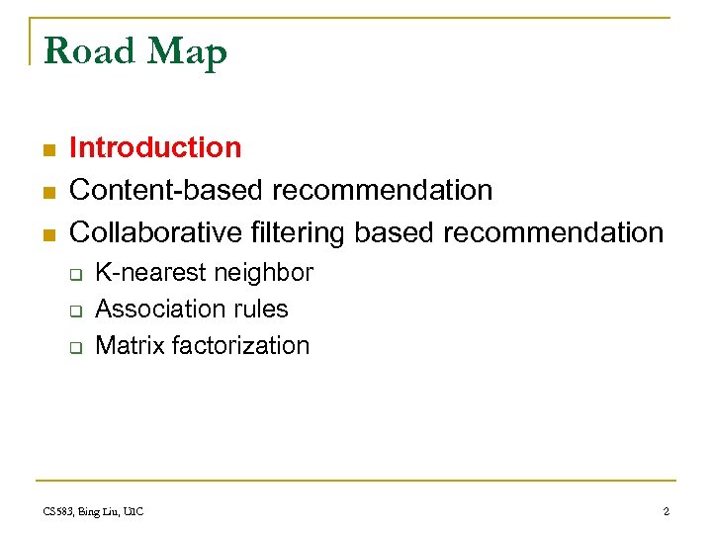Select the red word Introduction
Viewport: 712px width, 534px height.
pyautogui.click(x=155, y=147)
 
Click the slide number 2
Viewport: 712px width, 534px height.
pyautogui.click(x=666, y=511)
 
